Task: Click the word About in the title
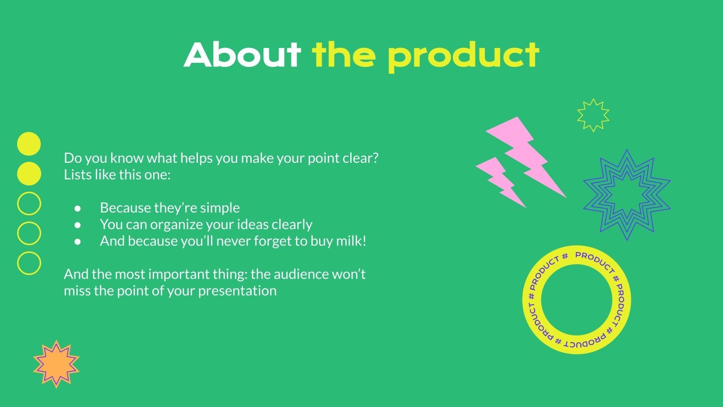tap(242, 55)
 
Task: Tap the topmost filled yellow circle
tap(29, 144)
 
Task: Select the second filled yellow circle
tap(29, 174)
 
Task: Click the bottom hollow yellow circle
tap(29, 263)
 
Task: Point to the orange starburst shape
tap(56, 364)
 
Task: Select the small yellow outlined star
tap(593, 115)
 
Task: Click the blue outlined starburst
tap(627, 194)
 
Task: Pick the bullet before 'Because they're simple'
tap(78, 208)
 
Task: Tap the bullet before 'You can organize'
tap(78, 225)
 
